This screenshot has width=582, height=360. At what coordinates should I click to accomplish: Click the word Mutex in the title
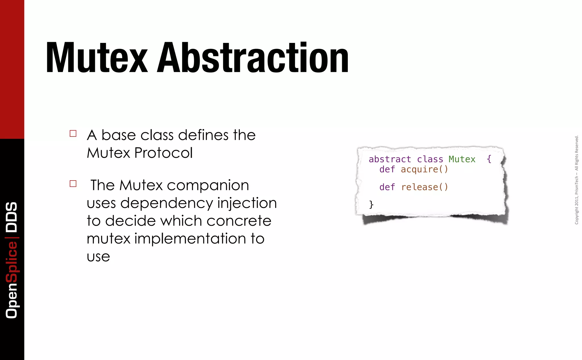coord(97,58)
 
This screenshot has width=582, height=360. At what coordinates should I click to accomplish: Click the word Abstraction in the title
coord(253,58)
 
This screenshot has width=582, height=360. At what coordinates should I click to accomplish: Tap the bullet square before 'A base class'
coord(73,133)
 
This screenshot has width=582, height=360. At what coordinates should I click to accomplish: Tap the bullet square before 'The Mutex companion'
coord(73,184)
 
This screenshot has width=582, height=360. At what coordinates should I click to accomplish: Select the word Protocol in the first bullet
coord(163,153)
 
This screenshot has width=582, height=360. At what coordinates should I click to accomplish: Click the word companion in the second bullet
coord(208,185)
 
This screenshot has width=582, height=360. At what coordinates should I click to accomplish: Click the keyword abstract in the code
coord(390,159)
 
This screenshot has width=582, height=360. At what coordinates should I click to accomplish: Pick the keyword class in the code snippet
coord(430,159)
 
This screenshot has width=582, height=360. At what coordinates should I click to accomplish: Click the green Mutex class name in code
coord(462,159)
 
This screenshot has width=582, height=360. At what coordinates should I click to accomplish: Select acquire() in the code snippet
coord(424,169)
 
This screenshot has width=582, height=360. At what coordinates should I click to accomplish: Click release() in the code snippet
coord(425,187)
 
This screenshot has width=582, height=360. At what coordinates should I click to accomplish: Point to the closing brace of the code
coord(371,204)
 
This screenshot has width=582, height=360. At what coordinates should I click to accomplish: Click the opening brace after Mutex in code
coord(489,159)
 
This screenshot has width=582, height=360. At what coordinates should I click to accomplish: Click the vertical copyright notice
coord(576,180)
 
